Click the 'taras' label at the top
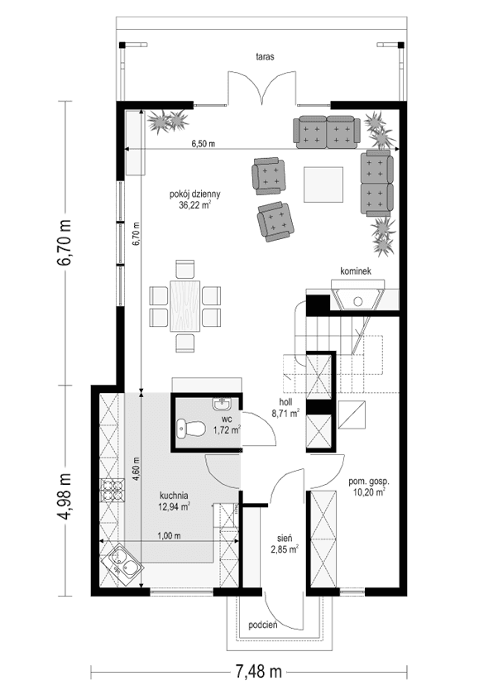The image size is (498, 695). pyautogui.click(x=265, y=57)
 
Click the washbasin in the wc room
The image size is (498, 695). pyautogui.click(x=222, y=405)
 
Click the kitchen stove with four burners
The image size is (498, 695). pyautogui.click(x=111, y=491)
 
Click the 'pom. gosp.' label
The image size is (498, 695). pyautogui.click(x=368, y=481)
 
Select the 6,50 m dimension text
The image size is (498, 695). pyautogui.click(x=204, y=144)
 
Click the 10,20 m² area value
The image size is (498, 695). pyautogui.click(x=369, y=492)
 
